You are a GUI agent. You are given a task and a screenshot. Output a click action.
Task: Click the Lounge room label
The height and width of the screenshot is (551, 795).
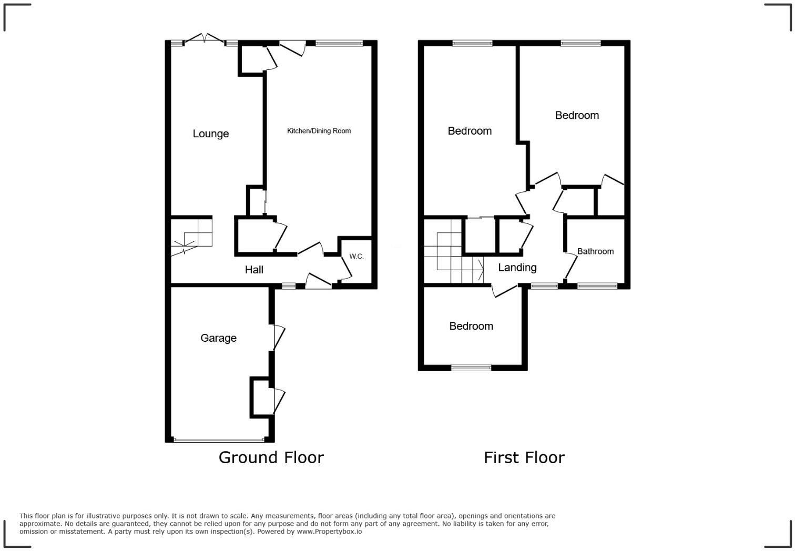coord(210,134)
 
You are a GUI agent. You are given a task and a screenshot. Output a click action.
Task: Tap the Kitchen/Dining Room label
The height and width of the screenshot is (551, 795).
coord(319,131)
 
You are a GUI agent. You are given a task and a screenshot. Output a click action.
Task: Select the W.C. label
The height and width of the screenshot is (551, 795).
coord(356,257)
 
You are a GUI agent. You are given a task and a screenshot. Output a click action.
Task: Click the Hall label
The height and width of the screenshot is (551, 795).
coord(254,270)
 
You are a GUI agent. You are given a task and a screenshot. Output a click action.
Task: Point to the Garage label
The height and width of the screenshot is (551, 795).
coord(218,338)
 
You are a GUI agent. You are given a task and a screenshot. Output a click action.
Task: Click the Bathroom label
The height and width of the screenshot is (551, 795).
coord(595,251)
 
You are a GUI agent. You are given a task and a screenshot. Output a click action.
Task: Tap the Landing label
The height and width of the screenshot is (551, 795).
coord(517,268)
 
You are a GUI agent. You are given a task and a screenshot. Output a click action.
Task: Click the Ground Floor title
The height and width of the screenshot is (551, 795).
coord(271,457)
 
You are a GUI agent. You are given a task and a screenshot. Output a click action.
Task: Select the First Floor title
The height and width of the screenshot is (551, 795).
coord(524,457)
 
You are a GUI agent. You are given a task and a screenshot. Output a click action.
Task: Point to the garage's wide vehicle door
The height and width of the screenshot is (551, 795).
coord(219,440)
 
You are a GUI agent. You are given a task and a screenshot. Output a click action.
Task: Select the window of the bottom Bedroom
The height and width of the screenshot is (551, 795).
coord(471,368)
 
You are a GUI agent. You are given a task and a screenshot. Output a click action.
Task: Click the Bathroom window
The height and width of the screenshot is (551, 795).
coord(597,286)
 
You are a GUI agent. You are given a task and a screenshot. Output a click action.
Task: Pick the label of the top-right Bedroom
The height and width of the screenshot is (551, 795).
coord(577,115)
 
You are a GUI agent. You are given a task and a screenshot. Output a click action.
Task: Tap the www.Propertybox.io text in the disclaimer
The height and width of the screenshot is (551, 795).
coord(329,532)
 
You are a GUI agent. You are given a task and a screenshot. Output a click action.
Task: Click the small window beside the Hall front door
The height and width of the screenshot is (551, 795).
coord(289,286)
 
